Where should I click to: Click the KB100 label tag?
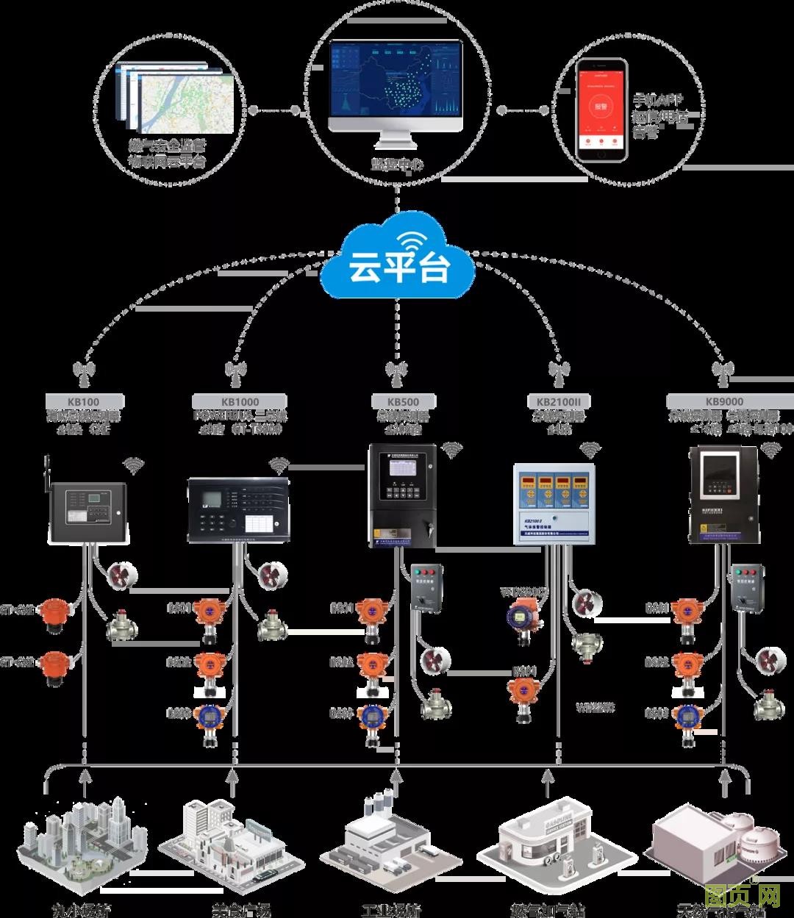pyautogui.click(x=83, y=401)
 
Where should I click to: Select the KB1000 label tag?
pyautogui.click(x=239, y=401)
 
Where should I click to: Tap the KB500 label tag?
pyautogui.click(x=403, y=401)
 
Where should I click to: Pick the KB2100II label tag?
pyautogui.click(x=558, y=401)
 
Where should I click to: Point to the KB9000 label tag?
pyautogui.click(x=723, y=401)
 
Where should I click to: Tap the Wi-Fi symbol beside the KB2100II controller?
pyautogui.click(x=589, y=449)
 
